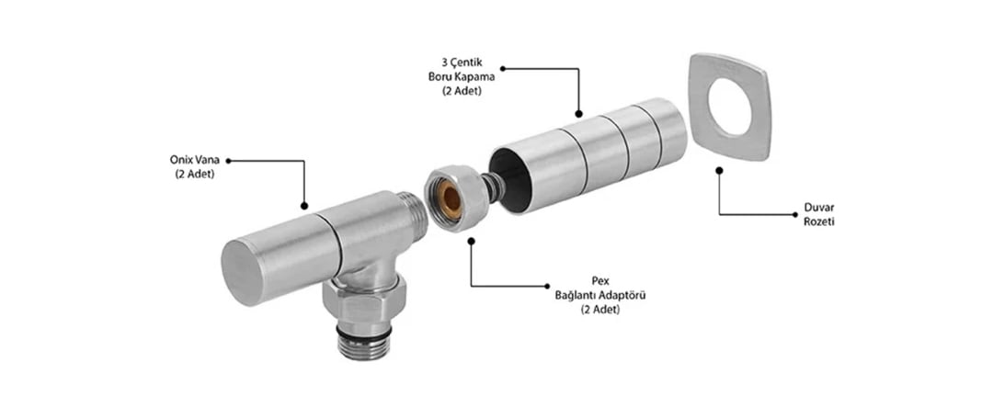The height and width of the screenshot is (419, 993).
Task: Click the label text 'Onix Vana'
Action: (194, 161)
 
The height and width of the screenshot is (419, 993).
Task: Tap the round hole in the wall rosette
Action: (730, 107)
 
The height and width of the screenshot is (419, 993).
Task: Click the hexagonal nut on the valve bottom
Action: (363, 302)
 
